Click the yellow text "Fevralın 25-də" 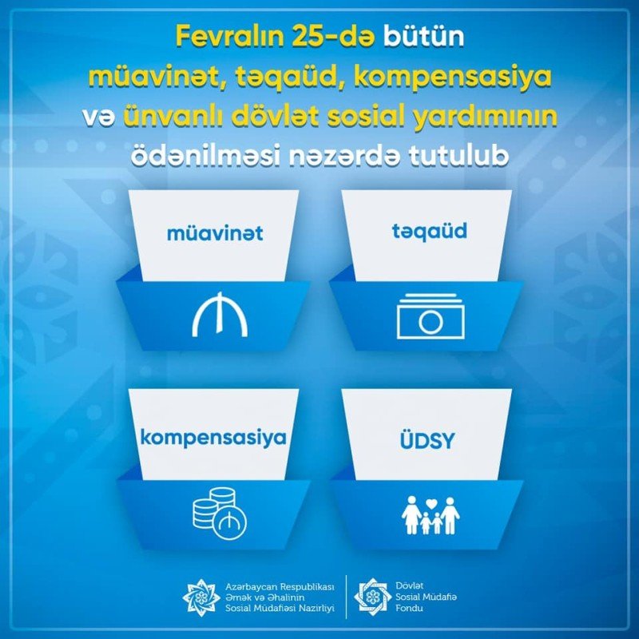pos(275,37)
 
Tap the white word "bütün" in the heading pos(423,37)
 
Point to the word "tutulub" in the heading pos(459,156)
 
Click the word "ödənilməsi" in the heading pos(205,156)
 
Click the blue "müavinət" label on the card pos(215,233)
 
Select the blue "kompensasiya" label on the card pos(213,439)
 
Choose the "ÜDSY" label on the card pos(427,440)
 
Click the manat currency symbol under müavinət pos(220,314)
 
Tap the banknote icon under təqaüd pos(431,316)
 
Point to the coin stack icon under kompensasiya pos(220,514)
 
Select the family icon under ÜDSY pos(431,515)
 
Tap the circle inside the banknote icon pos(431,323)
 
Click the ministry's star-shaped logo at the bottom pos(201,597)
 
